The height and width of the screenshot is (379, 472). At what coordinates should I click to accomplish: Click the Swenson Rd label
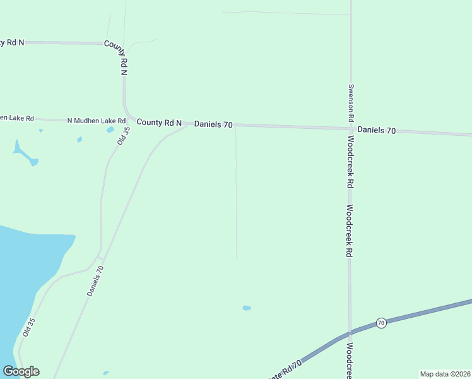pyautogui.click(x=350, y=102)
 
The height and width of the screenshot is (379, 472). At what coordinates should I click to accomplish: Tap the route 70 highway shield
pyautogui.click(x=381, y=323)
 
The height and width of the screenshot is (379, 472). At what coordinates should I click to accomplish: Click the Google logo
pyautogui.click(x=21, y=371)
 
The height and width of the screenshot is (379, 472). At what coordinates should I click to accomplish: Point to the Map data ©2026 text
pyautogui.click(x=445, y=374)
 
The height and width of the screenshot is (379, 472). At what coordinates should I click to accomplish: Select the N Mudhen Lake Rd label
pyautogui.click(x=97, y=121)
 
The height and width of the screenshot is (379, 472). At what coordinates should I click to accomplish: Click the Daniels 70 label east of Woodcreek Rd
pyautogui.click(x=377, y=130)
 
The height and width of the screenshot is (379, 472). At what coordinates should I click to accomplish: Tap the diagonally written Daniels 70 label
pyautogui.click(x=95, y=281)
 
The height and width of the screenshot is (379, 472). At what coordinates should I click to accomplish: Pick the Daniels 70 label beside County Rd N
pyautogui.click(x=213, y=124)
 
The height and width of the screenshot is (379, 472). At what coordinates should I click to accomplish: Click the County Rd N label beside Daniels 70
pyautogui.click(x=159, y=123)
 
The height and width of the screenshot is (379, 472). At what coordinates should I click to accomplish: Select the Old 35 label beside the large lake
pyautogui.click(x=28, y=327)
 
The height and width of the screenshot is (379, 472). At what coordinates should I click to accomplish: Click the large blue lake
pyautogui.click(x=25, y=278)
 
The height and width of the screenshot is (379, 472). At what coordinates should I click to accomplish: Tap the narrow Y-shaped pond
pyautogui.click(x=23, y=153)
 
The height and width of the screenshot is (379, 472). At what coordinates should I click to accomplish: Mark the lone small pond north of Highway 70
pyautogui.click(x=247, y=308)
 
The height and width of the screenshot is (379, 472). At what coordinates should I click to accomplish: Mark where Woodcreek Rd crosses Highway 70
pyautogui.click(x=350, y=332)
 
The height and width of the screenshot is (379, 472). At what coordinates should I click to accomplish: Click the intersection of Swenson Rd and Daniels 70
pyautogui.click(x=351, y=128)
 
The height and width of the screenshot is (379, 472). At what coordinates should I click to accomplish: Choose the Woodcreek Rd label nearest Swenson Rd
pyautogui.click(x=350, y=162)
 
